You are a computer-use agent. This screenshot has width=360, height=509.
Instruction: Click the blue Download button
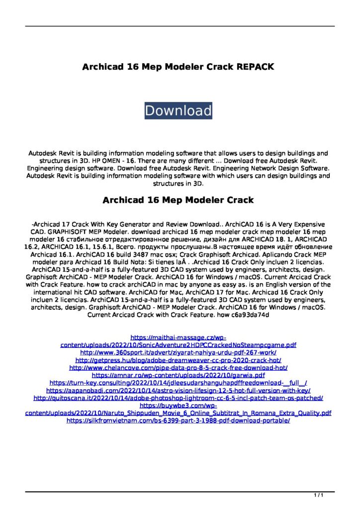178,110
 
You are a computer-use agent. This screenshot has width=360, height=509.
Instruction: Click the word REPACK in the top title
249,67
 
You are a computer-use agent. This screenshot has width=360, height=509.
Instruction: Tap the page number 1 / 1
319,496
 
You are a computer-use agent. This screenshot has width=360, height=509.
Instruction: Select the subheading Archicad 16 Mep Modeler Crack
178,200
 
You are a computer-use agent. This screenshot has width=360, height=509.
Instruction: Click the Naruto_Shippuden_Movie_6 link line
178,413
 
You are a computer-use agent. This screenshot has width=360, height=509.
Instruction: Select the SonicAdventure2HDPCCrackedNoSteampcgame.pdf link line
178,344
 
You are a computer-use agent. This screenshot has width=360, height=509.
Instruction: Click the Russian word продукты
178,248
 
